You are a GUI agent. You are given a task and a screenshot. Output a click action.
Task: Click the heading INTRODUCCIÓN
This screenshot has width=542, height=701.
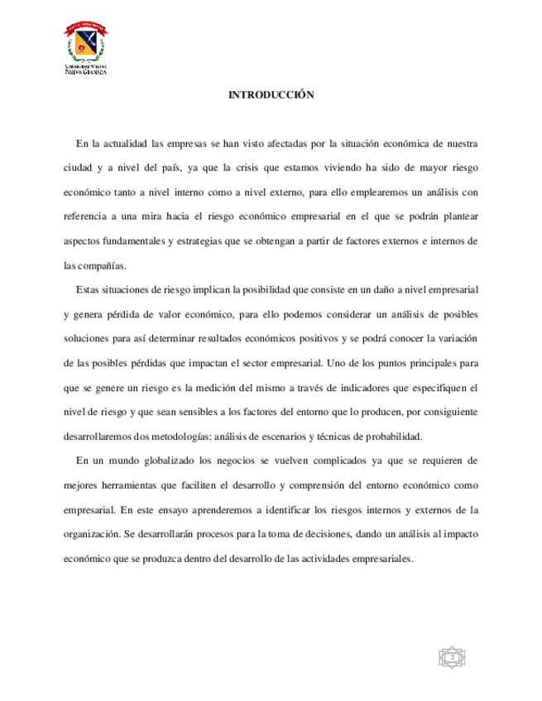point(271,96)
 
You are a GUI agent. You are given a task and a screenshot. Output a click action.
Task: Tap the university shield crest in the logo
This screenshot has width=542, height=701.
point(85,42)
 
